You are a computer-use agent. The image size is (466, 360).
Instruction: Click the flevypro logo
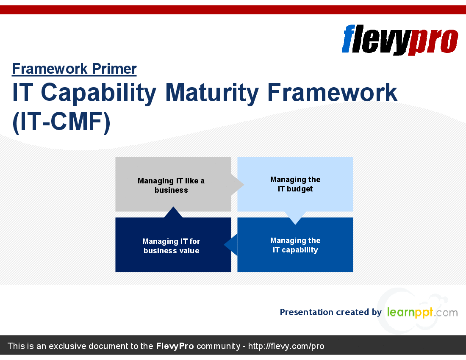coord(400,40)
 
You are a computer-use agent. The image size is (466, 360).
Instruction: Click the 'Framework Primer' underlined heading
coord(74,69)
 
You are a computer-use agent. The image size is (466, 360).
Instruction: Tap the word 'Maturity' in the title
coord(212,93)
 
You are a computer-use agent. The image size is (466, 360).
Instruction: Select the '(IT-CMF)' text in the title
coord(61,122)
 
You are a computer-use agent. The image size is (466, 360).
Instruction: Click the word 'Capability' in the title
coord(98,93)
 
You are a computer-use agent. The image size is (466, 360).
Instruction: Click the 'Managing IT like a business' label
coord(171,186)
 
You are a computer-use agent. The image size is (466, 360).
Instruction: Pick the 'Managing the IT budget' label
coord(295,184)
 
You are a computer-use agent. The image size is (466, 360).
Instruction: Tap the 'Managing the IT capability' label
coord(295,245)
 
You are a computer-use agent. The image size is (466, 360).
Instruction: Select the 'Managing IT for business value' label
coord(171,246)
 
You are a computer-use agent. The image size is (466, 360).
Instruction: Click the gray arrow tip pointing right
coord(244,185)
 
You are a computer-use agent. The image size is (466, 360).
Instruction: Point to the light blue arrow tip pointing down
coord(295,224)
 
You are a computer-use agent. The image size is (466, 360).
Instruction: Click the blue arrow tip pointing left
coord(224,245)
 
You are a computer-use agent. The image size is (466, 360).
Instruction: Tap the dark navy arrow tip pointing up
coord(173,207)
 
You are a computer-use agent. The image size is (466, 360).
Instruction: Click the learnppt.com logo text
coord(422,312)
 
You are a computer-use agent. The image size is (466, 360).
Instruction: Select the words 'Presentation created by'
coord(330,312)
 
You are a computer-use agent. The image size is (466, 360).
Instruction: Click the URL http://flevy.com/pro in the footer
coord(286,346)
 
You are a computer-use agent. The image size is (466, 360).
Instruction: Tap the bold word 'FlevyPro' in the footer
coord(175,346)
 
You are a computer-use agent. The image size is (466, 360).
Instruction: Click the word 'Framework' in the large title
coord(332,93)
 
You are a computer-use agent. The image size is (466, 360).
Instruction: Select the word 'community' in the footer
coord(219,346)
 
